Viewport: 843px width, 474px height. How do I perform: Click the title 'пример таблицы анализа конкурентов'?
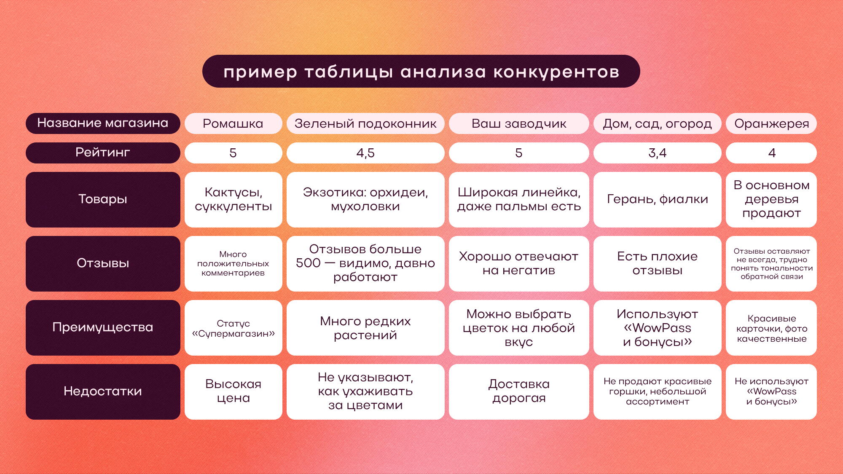click(421, 72)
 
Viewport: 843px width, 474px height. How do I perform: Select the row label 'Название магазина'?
click(103, 123)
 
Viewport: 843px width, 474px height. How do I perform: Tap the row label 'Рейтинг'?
click(103, 153)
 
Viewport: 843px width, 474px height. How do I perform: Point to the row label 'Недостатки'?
click(103, 391)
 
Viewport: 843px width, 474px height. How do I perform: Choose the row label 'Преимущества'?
click(103, 327)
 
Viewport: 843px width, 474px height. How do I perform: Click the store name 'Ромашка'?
click(233, 123)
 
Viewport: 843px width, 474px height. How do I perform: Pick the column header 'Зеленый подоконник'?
click(365, 123)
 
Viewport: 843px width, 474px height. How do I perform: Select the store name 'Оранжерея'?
click(771, 123)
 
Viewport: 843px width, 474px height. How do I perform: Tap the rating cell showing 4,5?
click(365, 153)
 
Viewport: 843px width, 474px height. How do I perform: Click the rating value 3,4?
click(657, 153)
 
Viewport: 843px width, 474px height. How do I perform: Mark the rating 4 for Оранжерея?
click(771, 153)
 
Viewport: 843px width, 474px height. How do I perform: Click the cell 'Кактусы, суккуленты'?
click(233, 200)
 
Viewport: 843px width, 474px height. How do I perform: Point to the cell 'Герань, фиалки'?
click(657, 200)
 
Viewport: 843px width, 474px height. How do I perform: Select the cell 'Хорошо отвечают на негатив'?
click(519, 264)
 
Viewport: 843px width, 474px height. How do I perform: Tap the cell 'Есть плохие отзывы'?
click(657, 264)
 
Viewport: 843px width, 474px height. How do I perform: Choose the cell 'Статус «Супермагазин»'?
click(233, 328)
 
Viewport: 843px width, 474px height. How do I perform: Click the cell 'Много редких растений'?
click(365, 328)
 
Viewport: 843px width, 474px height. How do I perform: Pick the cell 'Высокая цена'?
click(233, 392)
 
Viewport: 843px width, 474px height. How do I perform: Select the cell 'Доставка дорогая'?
click(519, 392)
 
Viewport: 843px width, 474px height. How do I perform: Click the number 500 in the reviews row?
click(308, 263)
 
